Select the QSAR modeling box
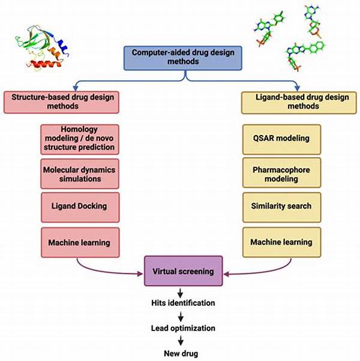point(281,138)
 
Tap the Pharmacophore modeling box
point(281,172)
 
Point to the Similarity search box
point(281,206)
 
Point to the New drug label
point(181,353)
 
